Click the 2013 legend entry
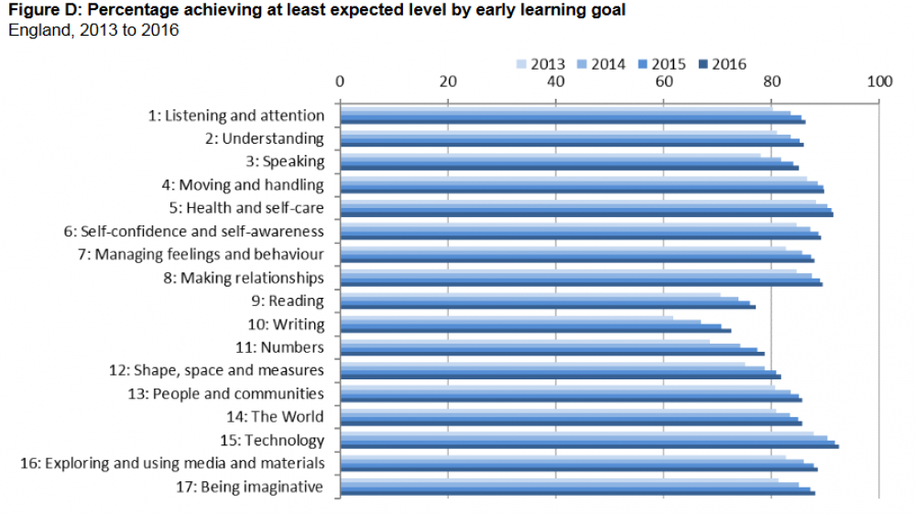[540, 64]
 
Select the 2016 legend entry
[722, 64]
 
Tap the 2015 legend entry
[661, 64]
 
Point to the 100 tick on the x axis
[879, 81]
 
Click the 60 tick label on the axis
[663, 81]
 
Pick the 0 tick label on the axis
[340, 81]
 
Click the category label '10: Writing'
[286, 324]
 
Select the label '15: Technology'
[272, 440]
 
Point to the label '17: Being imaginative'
[249, 487]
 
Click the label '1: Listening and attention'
[236, 115]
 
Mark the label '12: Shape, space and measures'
[216, 370]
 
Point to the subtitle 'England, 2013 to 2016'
[93, 30]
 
